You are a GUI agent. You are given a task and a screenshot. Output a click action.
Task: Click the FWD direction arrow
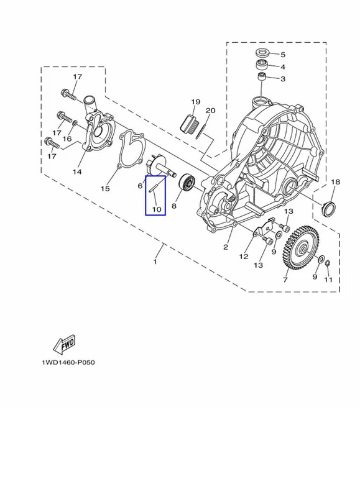click(65, 344)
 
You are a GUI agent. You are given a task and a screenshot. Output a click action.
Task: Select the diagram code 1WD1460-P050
click(68, 362)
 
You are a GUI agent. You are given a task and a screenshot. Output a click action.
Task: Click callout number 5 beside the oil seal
click(283, 55)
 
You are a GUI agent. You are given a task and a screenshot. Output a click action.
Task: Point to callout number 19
click(196, 102)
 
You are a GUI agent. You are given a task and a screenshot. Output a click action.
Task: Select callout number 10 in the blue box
click(157, 209)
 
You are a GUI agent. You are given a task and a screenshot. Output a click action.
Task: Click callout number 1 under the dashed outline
click(155, 262)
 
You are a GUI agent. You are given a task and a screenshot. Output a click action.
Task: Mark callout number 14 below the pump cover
click(77, 172)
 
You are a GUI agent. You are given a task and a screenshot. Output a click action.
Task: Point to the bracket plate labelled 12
click(264, 227)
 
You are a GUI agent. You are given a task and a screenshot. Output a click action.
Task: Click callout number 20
click(211, 111)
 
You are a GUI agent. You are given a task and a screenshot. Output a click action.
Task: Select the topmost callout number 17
click(78, 76)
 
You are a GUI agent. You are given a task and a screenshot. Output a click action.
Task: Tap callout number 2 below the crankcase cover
click(226, 247)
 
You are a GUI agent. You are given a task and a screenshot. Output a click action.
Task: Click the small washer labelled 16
click(74, 122)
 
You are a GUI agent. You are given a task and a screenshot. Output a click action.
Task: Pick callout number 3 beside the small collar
click(283, 79)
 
